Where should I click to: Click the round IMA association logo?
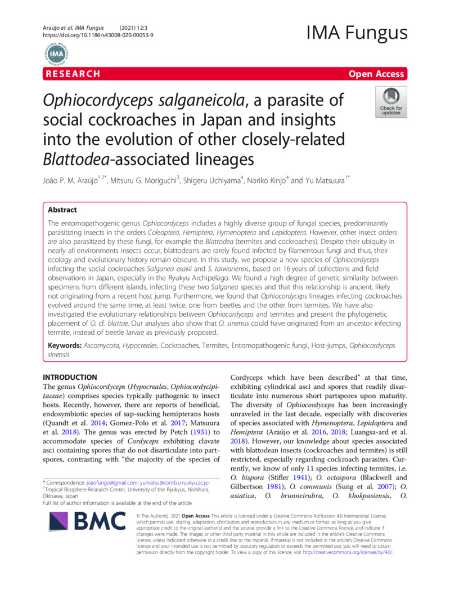56,55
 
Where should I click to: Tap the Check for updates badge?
391,103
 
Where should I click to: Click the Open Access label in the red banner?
376,74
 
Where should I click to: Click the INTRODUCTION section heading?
70,377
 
